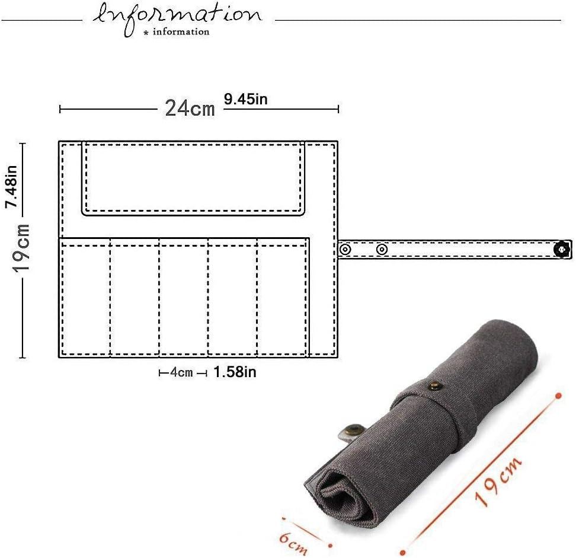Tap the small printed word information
[x=181, y=31]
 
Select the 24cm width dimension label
[x=190, y=109]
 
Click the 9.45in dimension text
[x=245, y=99]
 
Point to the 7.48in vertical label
[x=11, y=187]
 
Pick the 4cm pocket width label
[x=181, y=372]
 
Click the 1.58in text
[x=235, y=372]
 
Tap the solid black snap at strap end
[x=561, y=250]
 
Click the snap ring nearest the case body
[x=345, y=250]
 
